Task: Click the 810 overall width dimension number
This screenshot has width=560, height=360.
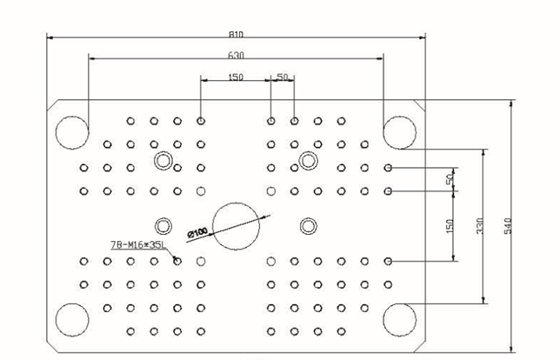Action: (x=236, y=33)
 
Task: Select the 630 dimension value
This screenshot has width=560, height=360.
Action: (x=236, y=55)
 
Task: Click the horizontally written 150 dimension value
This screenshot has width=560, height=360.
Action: (x=236, y=77)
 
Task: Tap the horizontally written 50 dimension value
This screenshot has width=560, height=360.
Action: (x=282, y=77)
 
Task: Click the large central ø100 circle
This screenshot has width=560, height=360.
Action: (x=237, y=226)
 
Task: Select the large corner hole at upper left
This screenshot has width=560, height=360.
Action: (x=71, y=131)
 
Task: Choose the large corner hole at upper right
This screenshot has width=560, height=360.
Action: (x=400, y=131)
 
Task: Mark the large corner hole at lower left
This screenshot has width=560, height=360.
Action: (x=71, y=319)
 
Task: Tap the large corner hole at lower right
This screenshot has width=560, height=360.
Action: (x=400, y=319)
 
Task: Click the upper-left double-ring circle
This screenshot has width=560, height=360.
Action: (x=163, y=160)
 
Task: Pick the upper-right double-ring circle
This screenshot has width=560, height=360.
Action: (x=308, y=160)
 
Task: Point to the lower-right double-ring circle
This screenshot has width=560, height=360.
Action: (x=308, y=226)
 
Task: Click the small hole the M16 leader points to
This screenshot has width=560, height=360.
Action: (x=177, y=260)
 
